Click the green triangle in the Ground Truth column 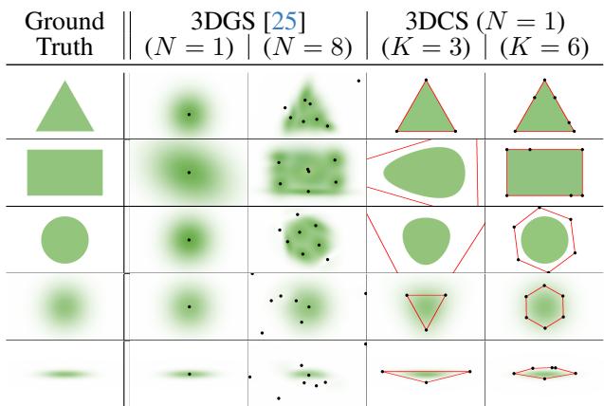tap(64, 109)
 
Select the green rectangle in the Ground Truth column tap(64, 172)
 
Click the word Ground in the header tap(64, 18)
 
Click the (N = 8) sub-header tap(306, 46)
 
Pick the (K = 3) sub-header tap(425, 46)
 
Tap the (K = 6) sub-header tap(546, 46)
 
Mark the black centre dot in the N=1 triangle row tap(188, 116)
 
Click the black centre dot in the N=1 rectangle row tap(188, 173)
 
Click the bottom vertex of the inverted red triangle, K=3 tap(426, 329)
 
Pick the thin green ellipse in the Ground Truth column tap(64, 375)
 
